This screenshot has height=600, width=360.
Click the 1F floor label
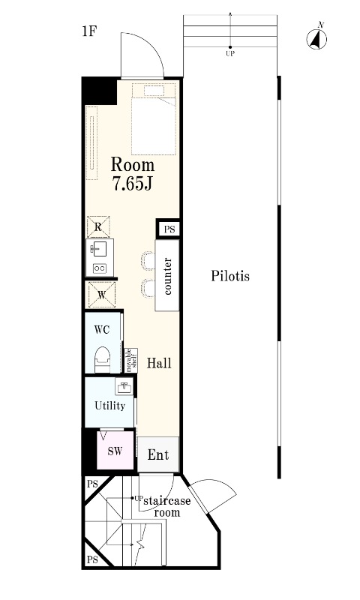tap(88, 31)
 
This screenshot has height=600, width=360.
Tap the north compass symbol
tap(316, 39)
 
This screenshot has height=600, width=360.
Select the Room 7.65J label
tap(133, 174)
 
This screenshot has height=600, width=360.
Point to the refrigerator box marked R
tap(98, 227)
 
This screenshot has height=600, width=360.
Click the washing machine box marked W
tap(102, 295)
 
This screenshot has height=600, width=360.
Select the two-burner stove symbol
tap(100, 268)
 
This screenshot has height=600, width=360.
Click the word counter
tap(167, 276)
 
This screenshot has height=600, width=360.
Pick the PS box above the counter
tap(168, 229)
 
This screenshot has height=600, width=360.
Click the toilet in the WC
tap(103, 359)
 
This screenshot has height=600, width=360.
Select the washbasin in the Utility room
tap(124, 387)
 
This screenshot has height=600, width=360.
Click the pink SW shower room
tap(115, 451)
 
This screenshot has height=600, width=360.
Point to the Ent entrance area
tap(158, 454)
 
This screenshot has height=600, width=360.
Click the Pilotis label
tap(230, 275)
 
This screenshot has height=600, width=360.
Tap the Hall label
tap(159, 363)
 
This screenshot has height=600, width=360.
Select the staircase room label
tap(166, 506)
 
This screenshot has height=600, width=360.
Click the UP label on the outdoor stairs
tap(230, 54)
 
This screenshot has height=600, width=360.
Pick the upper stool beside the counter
tap(148, 260)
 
